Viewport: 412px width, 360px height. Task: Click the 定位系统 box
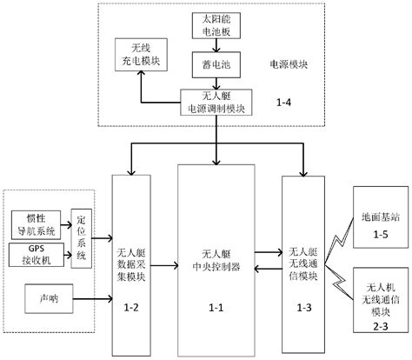82,237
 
